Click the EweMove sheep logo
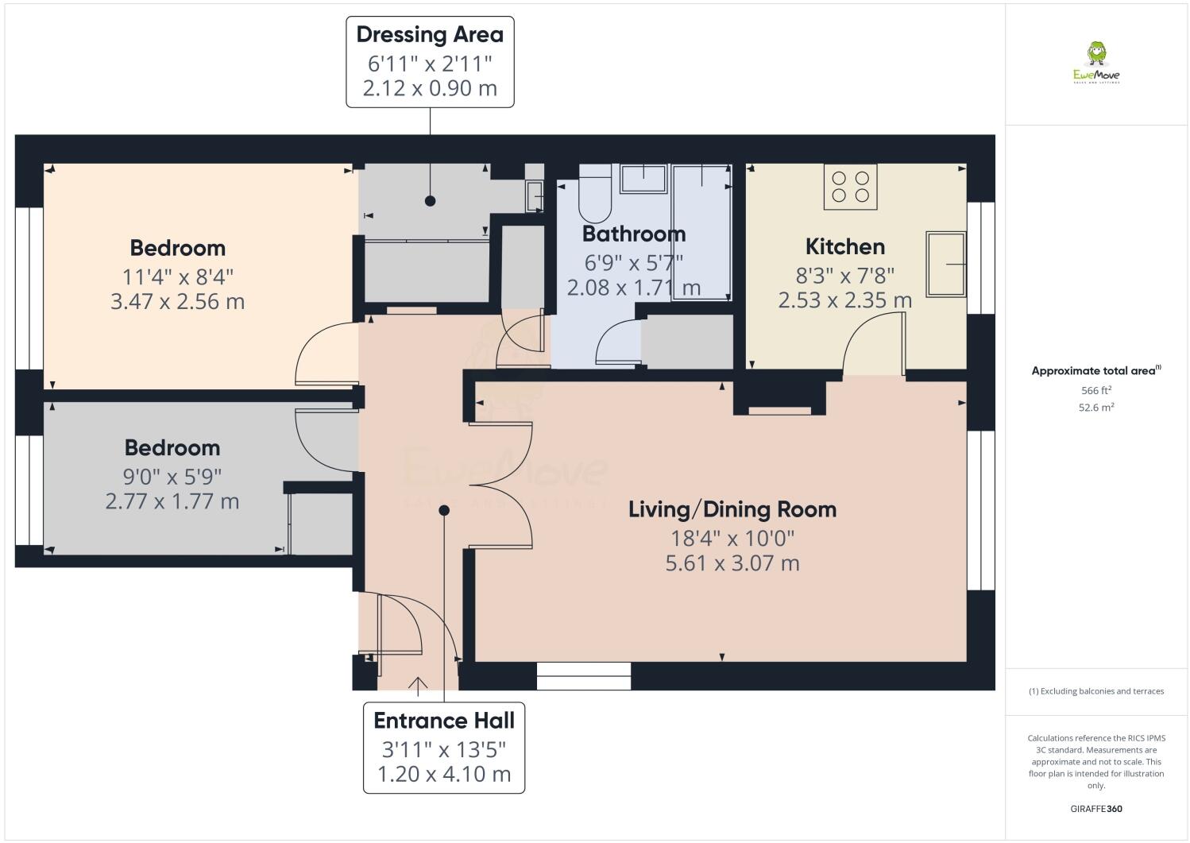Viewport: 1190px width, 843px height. click(1096, 62)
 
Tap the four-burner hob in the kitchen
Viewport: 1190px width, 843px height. click(850, 187)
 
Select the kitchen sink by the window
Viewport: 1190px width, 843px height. click(945, 264)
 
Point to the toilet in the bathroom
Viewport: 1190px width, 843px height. click(595, 193)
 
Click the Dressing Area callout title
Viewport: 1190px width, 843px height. click(430, 34)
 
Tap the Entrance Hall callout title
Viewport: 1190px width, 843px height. click(444, 721)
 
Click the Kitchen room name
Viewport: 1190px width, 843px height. click(845, 246)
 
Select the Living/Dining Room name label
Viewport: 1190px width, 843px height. click(732, 509)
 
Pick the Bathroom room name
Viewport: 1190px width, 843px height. click(634, 234)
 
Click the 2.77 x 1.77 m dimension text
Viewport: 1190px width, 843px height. click(172, 501)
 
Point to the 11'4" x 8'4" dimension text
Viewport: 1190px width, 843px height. click(177, 276)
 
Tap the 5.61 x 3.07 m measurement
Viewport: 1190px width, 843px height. click(732, 563)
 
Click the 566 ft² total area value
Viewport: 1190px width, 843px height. click(1096, 390)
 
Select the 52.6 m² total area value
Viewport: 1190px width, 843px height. click(1096, 408)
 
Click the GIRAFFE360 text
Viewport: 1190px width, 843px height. click(1096, 809)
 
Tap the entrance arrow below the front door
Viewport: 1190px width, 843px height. click(418, 686)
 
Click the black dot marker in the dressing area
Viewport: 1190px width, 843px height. click(431, 201)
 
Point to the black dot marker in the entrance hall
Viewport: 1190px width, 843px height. click(444, 510)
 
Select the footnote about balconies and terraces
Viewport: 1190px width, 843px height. click(1096, 691)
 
